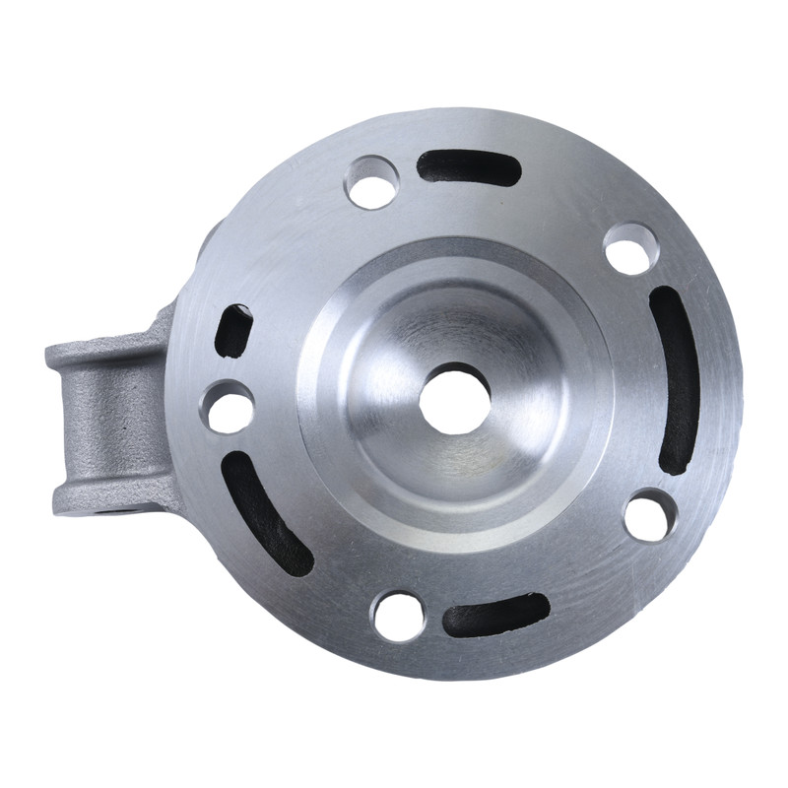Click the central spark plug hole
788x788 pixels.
tap(454, 398)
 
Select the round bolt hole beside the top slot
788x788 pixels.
tap(372, 182)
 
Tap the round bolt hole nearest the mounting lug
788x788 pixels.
tap(228, 407)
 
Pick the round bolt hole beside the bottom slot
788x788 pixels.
tap(398, 616)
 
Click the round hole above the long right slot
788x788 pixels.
tap(630, 248)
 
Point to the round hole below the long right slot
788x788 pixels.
tap(650, 514)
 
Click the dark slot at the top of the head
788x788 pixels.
tap(468, 167)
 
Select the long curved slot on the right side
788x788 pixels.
tap(677, 379)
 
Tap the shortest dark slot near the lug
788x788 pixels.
tap(233, 330)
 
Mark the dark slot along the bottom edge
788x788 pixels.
tap(495, 615)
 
